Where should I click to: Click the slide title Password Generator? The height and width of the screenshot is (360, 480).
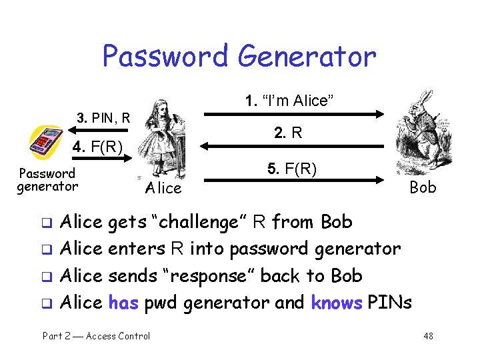[239, 56]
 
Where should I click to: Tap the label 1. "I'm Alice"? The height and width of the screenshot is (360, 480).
[289, 101]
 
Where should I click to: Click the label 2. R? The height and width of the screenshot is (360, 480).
[288, 133]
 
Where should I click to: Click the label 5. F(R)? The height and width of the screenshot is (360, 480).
[291, 169]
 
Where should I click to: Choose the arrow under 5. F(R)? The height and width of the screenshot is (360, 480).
[293, 181]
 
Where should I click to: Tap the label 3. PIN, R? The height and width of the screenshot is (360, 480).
[103, 119]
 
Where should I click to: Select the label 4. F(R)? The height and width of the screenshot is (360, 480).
[97, 146]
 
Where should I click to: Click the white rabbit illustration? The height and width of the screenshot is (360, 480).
[420, 133]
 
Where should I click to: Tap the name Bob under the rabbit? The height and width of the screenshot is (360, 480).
[423, 187]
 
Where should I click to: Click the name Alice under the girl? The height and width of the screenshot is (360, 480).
[163, 188]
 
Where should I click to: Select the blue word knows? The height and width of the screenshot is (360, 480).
[336, 303]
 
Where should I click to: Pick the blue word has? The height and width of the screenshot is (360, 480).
[123, 303]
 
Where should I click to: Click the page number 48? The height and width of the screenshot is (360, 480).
[428, 336]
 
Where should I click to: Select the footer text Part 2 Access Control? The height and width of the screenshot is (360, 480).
[96, 336]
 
